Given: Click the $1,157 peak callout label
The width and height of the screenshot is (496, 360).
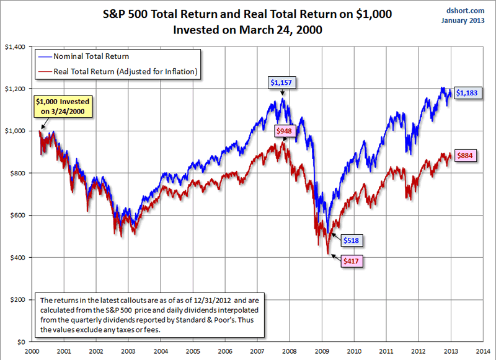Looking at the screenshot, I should click(283, 81).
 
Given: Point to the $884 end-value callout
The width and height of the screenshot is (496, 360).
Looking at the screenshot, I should click(466, 156).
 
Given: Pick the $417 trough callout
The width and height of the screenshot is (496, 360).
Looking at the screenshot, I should click(351, 261).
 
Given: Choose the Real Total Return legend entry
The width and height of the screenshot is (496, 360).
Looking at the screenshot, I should click(125, 72).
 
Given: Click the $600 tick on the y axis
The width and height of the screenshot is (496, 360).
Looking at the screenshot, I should click(17, 215).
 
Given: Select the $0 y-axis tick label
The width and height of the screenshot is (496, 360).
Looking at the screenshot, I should click(20, 341).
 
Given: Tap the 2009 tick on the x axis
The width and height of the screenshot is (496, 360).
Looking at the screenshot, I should click(322, 350).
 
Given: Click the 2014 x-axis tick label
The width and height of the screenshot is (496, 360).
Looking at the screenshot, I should click(481, 350).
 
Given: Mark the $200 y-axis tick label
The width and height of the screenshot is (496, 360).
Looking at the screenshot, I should click(17, 299).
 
